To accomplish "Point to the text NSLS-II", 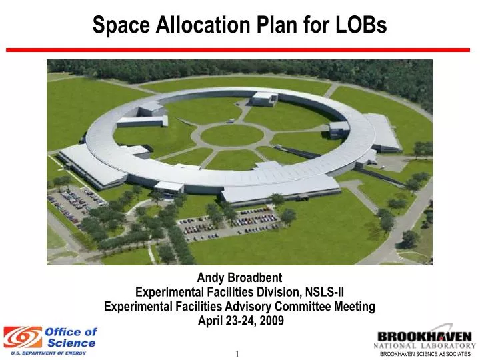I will click(323, 292).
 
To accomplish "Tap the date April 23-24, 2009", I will click(239, 321).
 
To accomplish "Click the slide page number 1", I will click(237, 353).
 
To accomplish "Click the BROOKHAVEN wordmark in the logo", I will click(425, 336).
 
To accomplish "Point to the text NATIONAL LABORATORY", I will click(425, 346).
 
